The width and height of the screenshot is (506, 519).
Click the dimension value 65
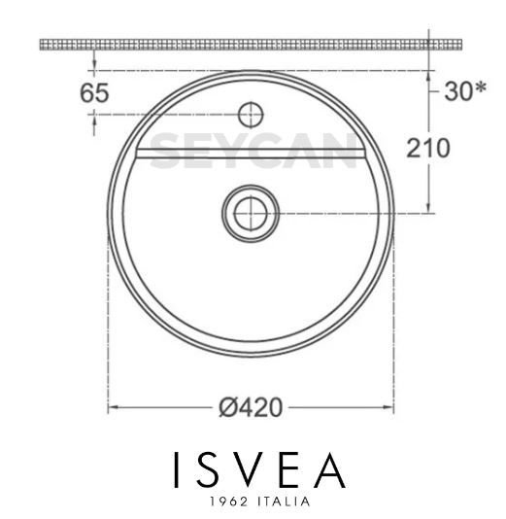[94, 94]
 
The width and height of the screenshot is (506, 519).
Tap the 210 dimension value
[428, 149]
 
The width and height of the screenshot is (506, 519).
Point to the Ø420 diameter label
[251, 407]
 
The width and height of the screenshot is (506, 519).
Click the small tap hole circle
[251, 114]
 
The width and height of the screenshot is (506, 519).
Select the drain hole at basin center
[251, 211]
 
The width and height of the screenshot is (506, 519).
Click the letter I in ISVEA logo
[177, 471]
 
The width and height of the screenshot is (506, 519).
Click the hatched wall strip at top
[253, 45]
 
